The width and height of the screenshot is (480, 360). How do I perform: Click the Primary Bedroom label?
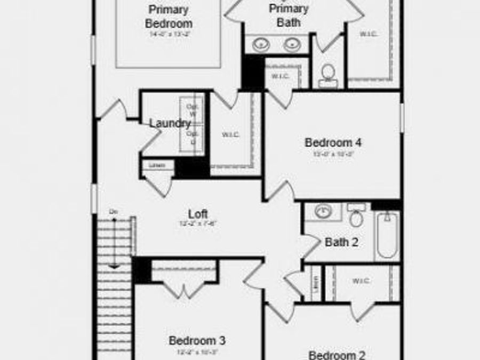tap(169, 17)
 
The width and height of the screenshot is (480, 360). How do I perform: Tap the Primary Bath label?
tap(289, 15)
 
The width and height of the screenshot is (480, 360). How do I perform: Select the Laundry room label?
tap(170, 123)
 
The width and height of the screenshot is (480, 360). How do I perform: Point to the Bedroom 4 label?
tap(333, 142)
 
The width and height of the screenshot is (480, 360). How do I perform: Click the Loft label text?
tap(198, 214)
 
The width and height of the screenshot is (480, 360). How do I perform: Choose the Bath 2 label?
tap(341, 242)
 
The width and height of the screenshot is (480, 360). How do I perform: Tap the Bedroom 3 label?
tap(197, 340)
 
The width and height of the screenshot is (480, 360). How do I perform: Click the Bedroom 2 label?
tap(337, 355)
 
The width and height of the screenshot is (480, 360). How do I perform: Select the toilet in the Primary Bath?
tap(328, 75)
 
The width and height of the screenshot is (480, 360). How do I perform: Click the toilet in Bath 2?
tap(356, 216)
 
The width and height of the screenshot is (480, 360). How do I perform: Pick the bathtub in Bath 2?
tap(387, 234)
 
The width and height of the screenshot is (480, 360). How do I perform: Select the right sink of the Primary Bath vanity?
tap(291, 45)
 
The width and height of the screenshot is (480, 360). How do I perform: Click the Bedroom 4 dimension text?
tap(333, 154)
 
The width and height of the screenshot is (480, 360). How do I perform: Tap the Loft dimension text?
tap(198, 223)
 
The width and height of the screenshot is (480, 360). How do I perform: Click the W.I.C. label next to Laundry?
tap(230, 134)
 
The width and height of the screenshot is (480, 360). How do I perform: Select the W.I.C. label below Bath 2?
tap(361, 281)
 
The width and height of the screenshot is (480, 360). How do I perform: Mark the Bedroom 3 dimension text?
tap(197, 351)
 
